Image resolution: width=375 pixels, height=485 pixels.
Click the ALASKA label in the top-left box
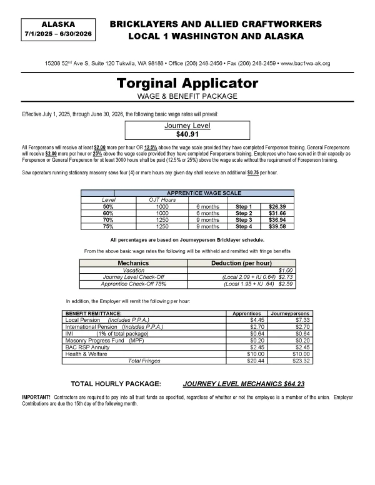point(57,23)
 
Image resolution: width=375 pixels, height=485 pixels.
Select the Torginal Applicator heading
point(187,83)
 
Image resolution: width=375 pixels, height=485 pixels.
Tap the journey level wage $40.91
point(187,134)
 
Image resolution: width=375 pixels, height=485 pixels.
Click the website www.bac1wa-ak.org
point(307,64)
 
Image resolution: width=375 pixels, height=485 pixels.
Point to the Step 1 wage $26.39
point(277,206)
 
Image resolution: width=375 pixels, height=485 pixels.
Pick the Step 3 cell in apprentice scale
point(243,219)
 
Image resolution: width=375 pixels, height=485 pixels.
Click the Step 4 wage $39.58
point(277,226)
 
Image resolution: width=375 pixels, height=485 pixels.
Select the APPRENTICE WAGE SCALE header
point(204,193)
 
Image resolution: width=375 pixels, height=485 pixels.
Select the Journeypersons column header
point(289,313)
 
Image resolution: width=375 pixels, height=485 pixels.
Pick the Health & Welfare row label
point(86,354)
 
